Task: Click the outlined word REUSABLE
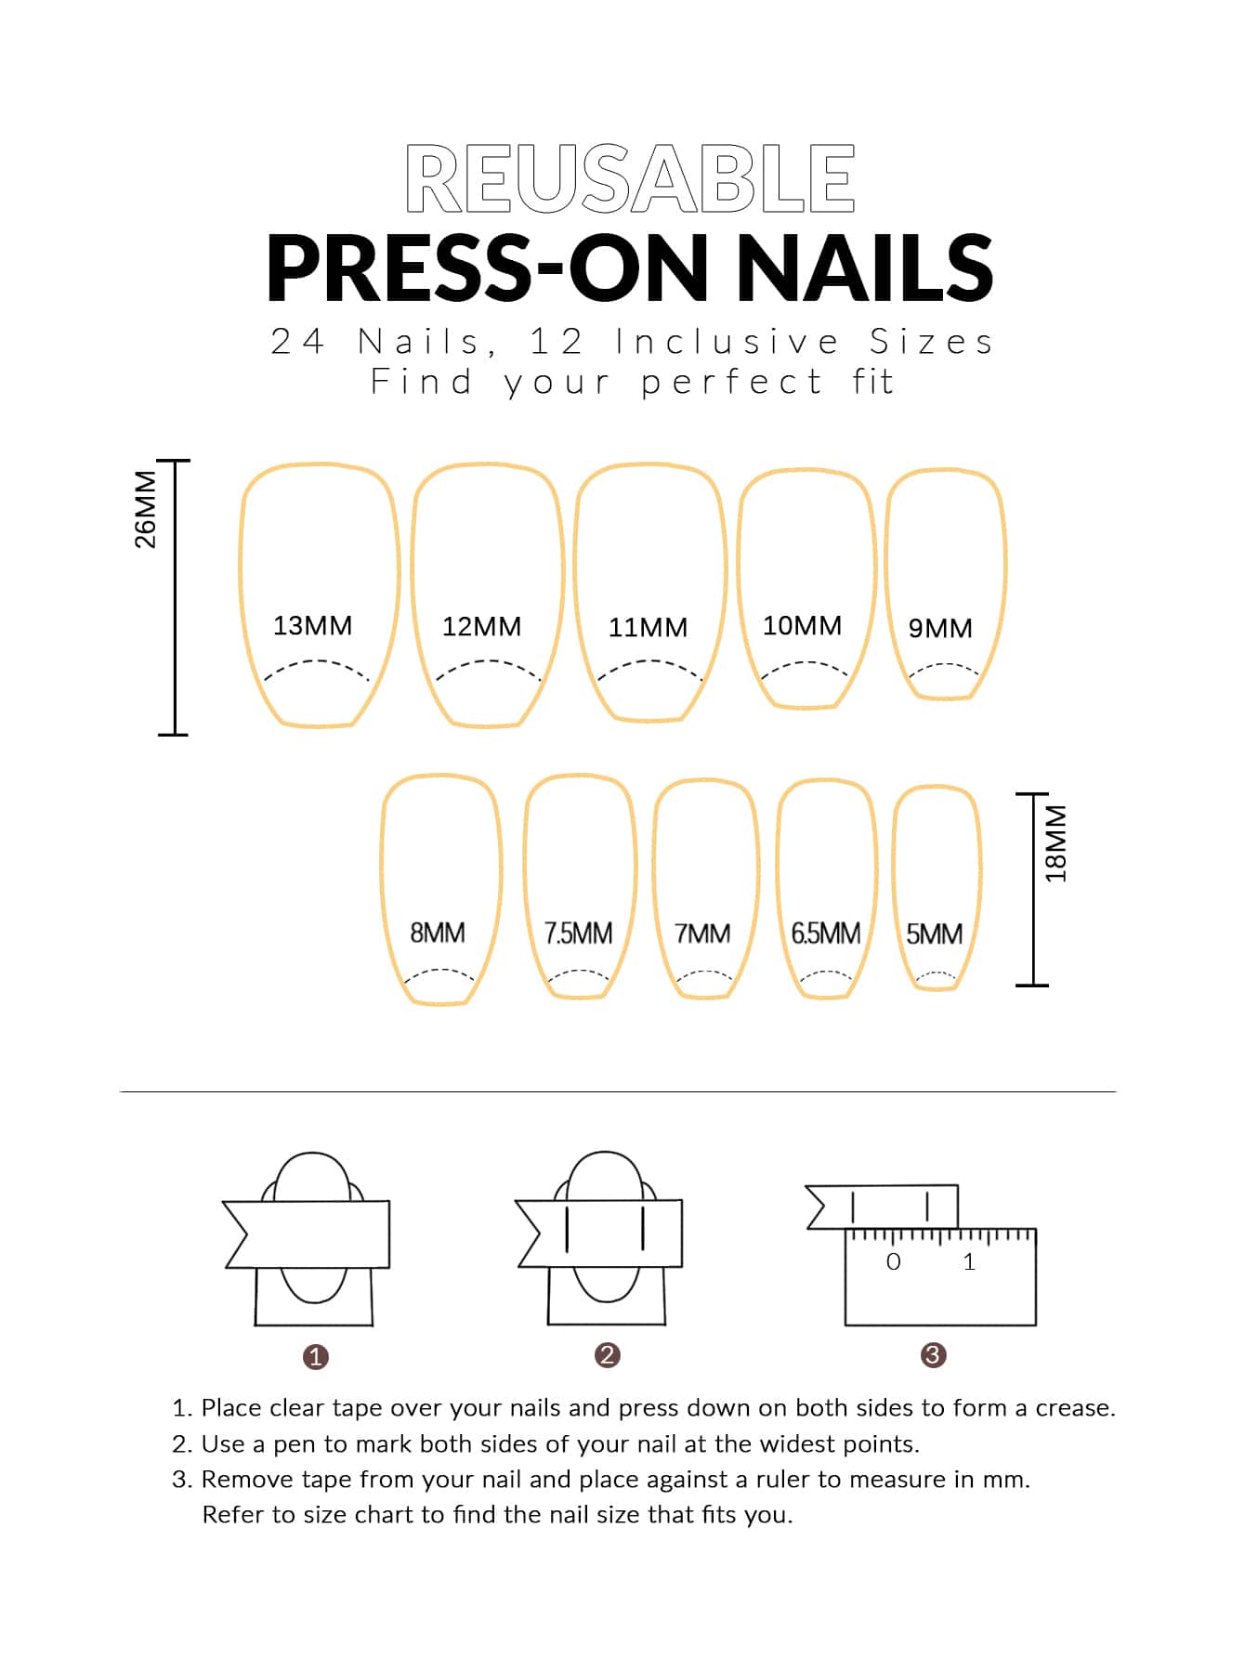(630, 178)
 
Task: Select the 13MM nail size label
(312, 626)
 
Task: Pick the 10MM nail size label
(802, 626)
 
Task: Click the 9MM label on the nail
(940, 629)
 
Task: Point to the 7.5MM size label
(578, 933)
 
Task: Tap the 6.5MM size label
(825, 933)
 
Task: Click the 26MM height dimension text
(146, 510)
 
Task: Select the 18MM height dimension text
(1056, 843)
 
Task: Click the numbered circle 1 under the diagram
(316, 1357)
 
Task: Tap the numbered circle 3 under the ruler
(933, 1355)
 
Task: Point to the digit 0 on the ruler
(893, 1262)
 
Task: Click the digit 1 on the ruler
(969, 1262)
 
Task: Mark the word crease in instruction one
(1074, 1408)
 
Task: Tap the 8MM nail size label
(438, 933)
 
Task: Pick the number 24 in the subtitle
(297, 342)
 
